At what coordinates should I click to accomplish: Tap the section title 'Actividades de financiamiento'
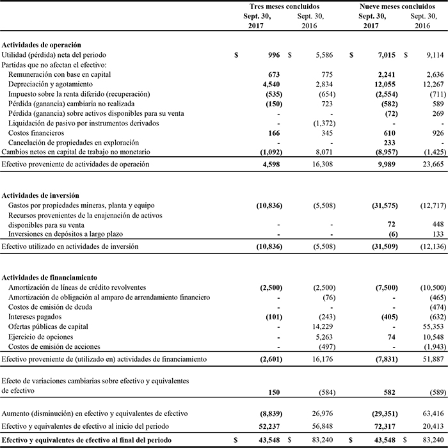[x=49, y=278]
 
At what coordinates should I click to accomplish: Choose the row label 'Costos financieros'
[x=36, y=132]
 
